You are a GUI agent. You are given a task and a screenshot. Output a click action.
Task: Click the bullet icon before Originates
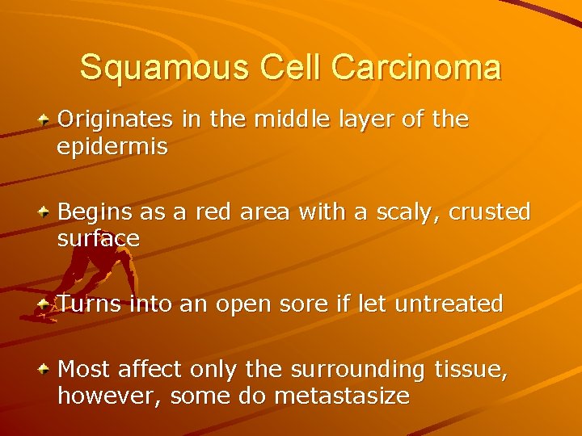[46, 119]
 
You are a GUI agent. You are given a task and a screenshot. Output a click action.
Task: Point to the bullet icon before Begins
[46, 212]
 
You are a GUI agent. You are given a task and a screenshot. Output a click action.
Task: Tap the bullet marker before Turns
[46, 304]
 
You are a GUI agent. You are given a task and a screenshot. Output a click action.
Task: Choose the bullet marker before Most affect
[46, 369]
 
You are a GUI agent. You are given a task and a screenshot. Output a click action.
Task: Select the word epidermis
[112, 147]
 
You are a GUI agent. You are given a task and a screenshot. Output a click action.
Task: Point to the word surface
[99, 239]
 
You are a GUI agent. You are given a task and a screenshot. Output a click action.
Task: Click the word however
[106, 396]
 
